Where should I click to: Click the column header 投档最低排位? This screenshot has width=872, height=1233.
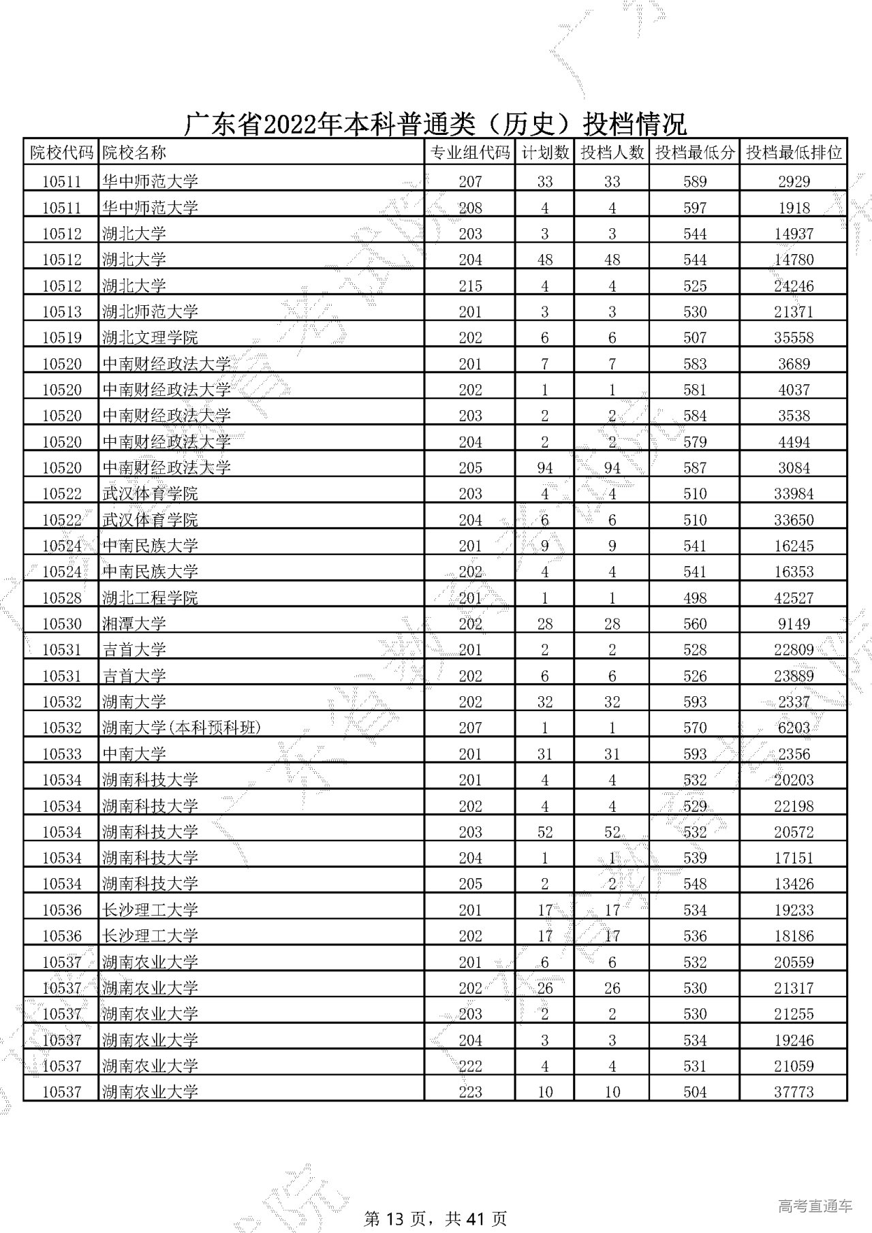tap(794, 153)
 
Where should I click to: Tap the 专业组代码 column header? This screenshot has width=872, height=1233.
tap(470, 153)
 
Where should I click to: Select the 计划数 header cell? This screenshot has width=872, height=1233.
tap(544, 153)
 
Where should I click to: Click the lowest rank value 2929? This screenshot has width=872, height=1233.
tap(794, 182)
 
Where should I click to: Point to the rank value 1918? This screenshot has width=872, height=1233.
tap(794, 208)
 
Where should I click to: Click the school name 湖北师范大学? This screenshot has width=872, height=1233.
tap(150, 312)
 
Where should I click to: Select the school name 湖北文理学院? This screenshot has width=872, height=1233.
tap(150, 338)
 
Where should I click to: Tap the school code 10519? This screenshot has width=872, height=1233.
tap(61, 338)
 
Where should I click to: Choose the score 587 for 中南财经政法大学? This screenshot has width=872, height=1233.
tap(695, 468)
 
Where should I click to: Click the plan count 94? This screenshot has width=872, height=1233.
tap(544, 468)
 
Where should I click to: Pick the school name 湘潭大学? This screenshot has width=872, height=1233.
tap(134, 624)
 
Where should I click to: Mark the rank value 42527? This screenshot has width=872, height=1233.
tap(794, 598)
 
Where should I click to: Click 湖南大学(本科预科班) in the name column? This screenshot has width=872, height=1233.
tap(181, 728)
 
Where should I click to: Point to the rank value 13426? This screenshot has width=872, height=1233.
tap(794, 884)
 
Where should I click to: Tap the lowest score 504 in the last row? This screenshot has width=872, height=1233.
tap(695, 1092)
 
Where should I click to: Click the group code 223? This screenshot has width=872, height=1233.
tap(470, 1092)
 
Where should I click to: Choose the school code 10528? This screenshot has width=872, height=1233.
tap(61, 598)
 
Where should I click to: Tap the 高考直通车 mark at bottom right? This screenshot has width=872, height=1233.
tap(815, 1187)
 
